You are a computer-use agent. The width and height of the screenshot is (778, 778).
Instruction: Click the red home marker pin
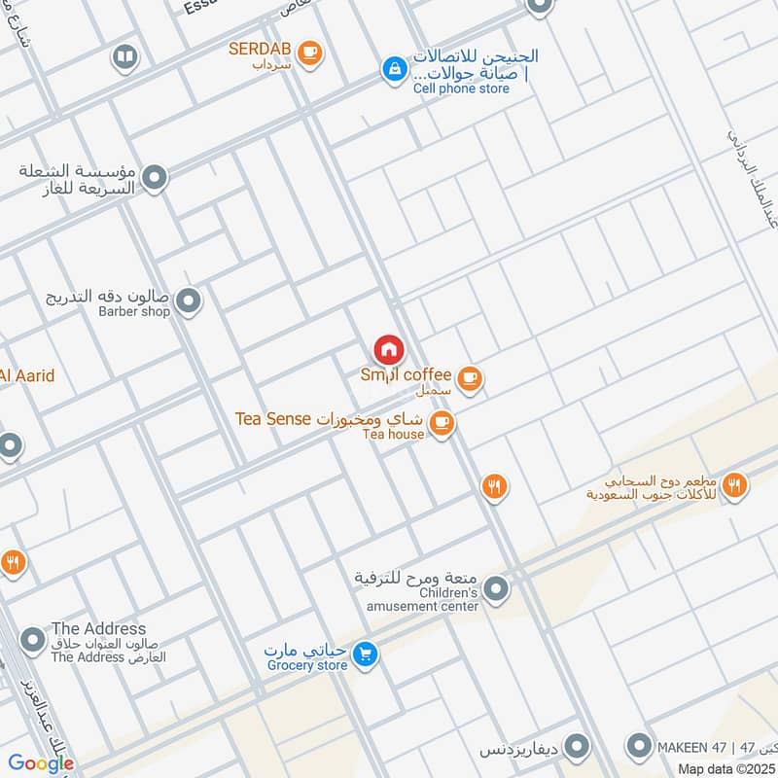388,349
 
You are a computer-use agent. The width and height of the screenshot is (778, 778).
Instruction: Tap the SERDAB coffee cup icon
309,53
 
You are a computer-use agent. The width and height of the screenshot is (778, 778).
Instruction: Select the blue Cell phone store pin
394,68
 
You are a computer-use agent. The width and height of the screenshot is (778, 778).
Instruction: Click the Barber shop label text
134,312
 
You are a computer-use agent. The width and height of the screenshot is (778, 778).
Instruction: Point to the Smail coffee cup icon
470,377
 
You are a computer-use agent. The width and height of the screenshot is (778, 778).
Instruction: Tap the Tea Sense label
272,419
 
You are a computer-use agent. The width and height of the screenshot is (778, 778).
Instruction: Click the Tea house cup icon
442,423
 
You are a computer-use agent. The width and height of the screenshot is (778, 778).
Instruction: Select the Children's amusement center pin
496,588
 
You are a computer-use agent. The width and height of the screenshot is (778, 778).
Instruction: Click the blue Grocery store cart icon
365,654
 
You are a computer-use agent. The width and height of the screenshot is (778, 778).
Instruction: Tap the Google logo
41,763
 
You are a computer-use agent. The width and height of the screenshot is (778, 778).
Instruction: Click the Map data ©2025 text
726,768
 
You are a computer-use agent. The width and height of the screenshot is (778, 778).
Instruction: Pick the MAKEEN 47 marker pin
639,747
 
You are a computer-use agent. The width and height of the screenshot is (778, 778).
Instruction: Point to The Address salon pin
32,640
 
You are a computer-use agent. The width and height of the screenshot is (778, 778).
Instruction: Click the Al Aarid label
27,375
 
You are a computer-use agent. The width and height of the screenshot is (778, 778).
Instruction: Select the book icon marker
124,58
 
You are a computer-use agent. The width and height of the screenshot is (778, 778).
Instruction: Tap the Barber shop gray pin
190,301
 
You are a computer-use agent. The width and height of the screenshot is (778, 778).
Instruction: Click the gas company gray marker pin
154,178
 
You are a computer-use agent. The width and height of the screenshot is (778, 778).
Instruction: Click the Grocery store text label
306,665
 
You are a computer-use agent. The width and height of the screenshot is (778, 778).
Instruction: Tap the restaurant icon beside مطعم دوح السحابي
734,484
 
